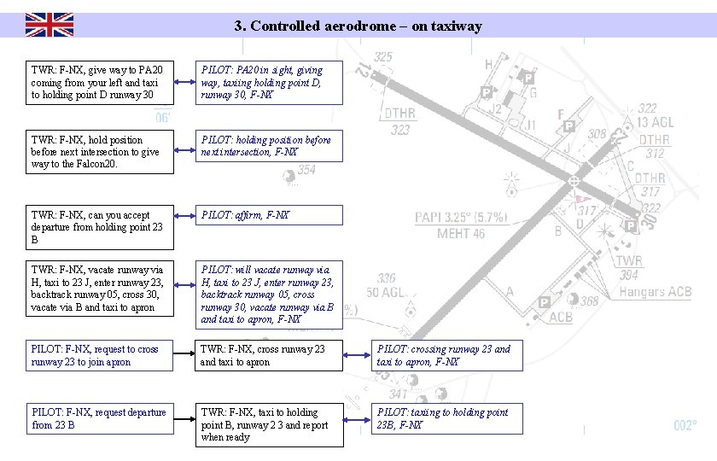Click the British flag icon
click(x=49, y=25)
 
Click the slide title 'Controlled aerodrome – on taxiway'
click(x=358, y=26)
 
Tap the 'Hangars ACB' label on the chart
click(x=655, y=292)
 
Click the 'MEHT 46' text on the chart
click(x=461, y=233)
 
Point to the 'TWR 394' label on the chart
click(x=629, y=267)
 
